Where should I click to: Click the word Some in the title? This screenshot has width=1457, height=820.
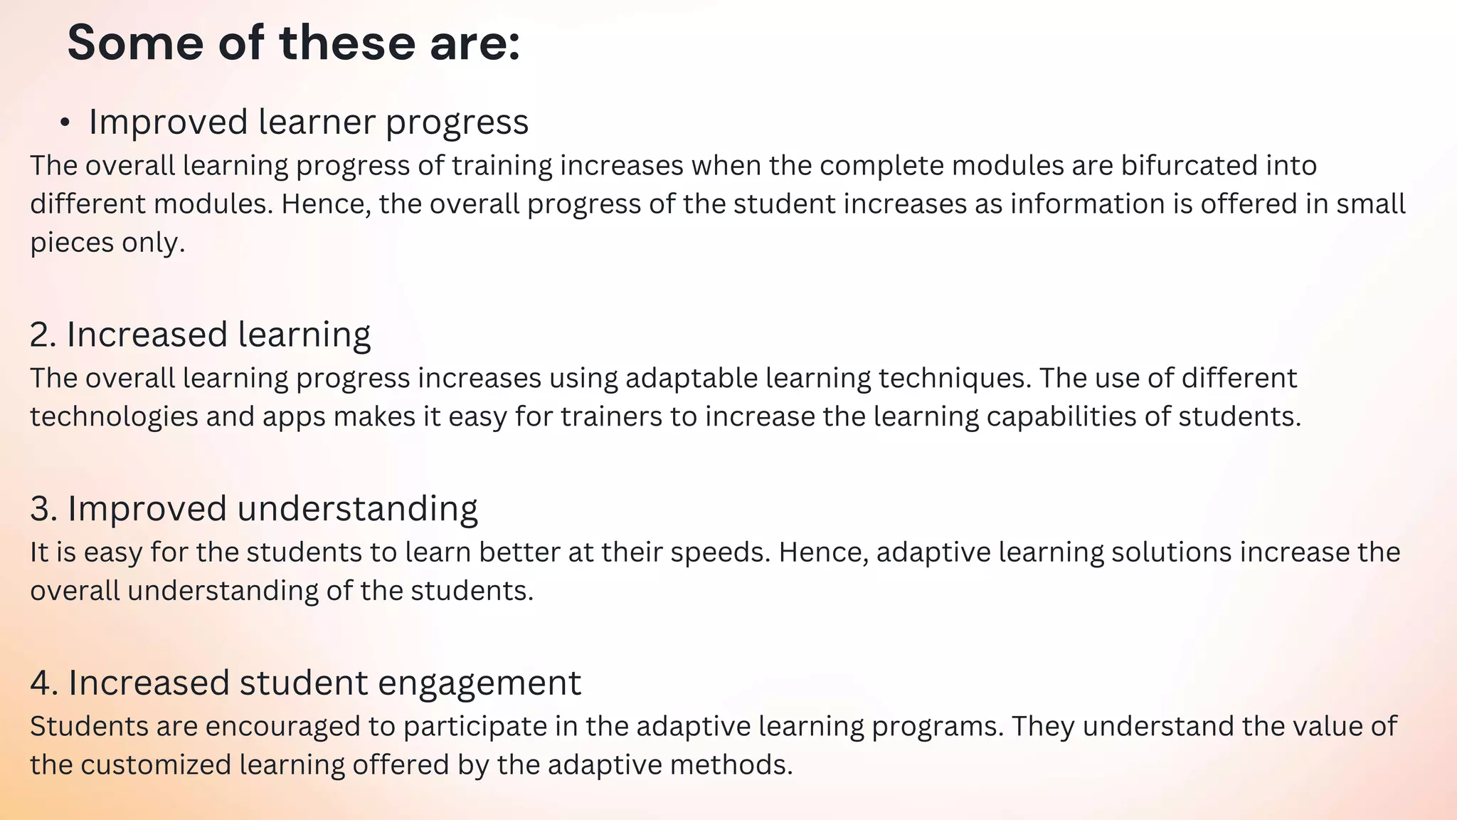tap(135, 43)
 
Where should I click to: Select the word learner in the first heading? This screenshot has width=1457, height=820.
tap(317, 122)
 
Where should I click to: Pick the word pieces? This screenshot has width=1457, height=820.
tap(71, 243)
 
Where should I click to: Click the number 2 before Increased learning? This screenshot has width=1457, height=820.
tap(42, 335)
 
